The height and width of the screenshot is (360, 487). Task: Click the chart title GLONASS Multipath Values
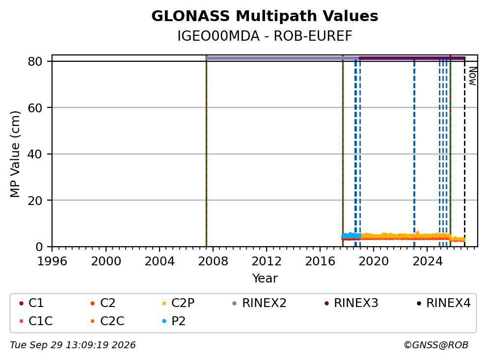265,16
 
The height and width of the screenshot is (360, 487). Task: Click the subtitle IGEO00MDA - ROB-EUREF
265,36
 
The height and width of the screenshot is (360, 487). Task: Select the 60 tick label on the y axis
35,108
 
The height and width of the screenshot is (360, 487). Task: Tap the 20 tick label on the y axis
35,201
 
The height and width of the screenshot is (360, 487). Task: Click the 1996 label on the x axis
52,261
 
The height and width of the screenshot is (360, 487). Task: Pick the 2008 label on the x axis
213,261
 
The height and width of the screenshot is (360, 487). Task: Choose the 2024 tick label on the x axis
428,261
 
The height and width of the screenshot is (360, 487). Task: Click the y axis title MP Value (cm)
15,154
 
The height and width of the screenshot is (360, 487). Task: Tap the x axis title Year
265,279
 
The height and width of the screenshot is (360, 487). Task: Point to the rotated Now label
472,76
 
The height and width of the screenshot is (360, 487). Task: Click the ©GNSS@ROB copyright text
436,345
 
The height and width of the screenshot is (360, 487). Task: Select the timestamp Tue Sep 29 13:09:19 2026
73,345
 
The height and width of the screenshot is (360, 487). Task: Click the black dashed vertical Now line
464,152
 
